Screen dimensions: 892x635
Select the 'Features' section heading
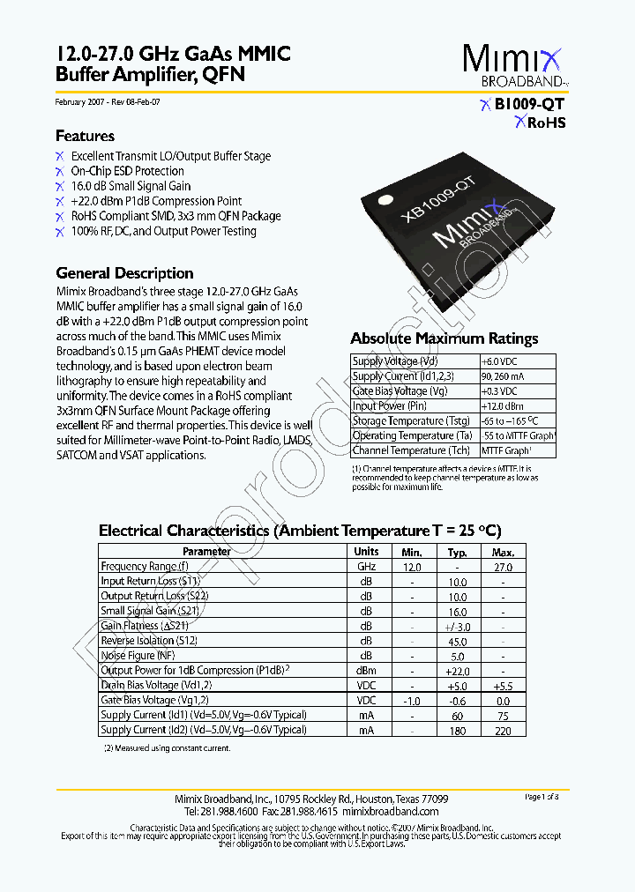pyautogui.click(x=85, y=136)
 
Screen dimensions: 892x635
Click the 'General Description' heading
pyautogui.click(x=124, y=273)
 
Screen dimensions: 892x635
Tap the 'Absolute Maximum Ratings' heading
pyautogui.click(x=444, y=338)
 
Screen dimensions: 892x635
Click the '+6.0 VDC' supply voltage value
pyautogui.click(x=500, y=361)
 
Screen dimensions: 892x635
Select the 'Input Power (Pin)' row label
pyautogui.click(x=389, y=406)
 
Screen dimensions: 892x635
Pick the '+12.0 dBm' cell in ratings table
pyautogui.click(x=502, y=406)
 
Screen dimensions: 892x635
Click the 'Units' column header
pyautogui.click(x=366, y=552)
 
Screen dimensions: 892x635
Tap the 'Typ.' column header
pyautogui.click(x=457, y=552)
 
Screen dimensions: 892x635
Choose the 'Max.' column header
pyautogui.click(x=503, y=552)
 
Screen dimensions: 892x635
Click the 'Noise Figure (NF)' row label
pyautogui.click(x=138, y=656)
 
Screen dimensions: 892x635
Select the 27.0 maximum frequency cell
pyautogui.click(x=503, y=567)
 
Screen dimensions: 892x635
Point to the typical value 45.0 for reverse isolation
pyautogui.click(x=457, y=641)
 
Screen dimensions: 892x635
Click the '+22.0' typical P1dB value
pyautogui.click(x=457, y=671)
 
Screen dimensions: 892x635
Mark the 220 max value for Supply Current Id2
pyautogui.click(x=503, y=730)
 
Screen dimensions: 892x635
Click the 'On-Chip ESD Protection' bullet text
pyautogui.click(x=127, y=171)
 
